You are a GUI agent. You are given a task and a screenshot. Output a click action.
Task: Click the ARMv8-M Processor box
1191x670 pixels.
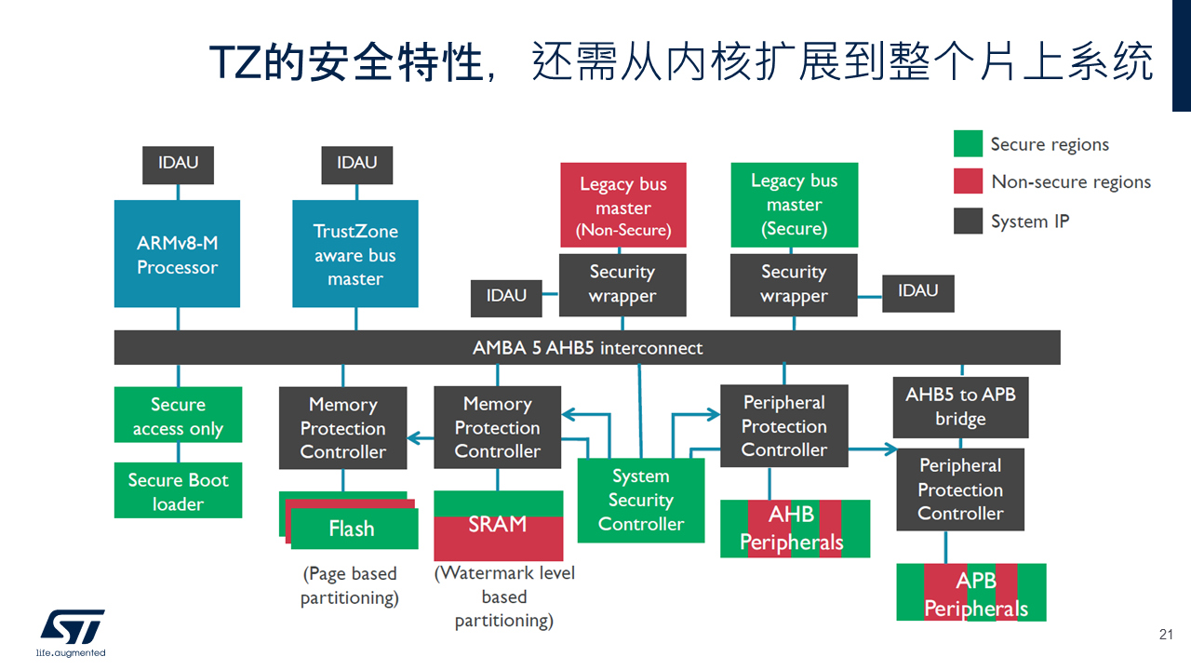(177, 254)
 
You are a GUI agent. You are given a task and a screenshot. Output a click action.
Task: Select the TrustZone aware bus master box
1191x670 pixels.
(355, 254)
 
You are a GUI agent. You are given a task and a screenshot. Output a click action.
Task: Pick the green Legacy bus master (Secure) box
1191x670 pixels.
(794, 205)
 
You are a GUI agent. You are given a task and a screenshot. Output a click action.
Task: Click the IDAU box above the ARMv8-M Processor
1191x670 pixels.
(178, 164)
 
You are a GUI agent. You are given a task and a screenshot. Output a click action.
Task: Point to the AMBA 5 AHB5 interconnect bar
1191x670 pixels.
(587, 348)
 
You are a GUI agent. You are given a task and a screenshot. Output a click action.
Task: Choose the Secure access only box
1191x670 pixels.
(178, 416)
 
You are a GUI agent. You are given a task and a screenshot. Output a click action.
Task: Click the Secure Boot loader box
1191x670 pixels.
(178, 491)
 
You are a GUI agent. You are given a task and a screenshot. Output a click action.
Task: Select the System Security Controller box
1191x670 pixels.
(640, 501)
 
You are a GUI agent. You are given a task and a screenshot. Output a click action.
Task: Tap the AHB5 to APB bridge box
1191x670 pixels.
(960, 407)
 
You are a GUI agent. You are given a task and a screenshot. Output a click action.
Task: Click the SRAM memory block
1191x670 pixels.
(498, 526)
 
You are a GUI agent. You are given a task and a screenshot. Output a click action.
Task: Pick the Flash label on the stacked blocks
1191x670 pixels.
(352, 529)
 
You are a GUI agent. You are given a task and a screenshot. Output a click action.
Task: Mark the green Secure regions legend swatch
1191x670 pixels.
(968, 144)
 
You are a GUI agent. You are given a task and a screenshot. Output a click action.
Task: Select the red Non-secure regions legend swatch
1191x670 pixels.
(968, 182)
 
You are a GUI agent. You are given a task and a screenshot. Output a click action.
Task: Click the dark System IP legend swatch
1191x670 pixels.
(968, 221)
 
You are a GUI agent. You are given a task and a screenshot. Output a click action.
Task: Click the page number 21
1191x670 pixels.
(1166, 635)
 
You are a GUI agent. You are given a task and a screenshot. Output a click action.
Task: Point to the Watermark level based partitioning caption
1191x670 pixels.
(504, 596)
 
